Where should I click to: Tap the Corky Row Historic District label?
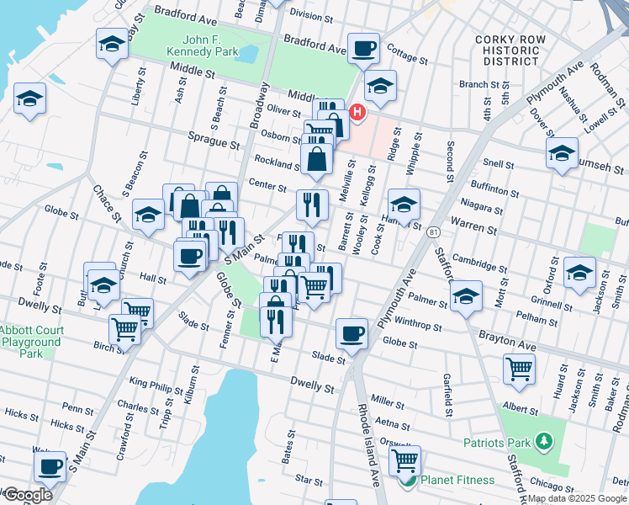point(506,50)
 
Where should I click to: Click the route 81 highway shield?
point(433,231)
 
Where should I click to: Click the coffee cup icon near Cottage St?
point(363,48)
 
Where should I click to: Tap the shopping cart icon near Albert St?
point(519,368)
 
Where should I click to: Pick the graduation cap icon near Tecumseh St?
point(562,153)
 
